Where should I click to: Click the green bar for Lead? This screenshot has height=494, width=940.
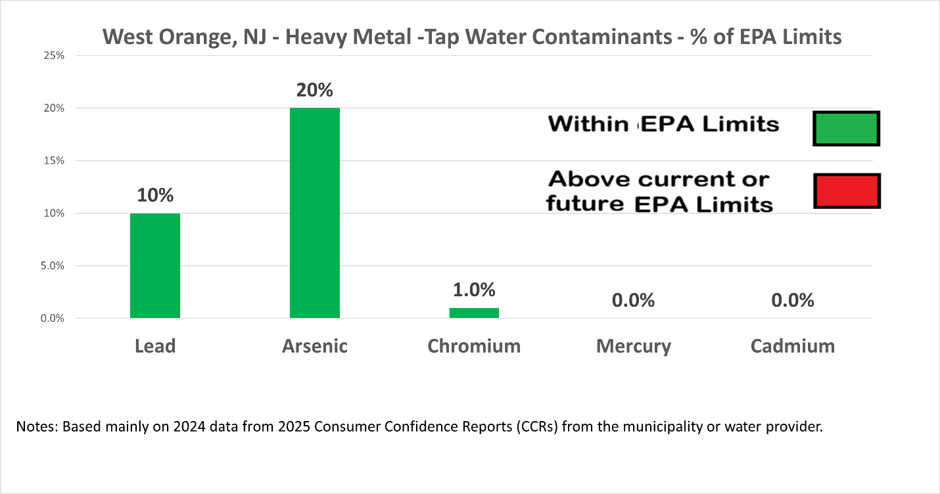coord(155,266)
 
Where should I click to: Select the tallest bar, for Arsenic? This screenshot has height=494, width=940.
coord(315,213)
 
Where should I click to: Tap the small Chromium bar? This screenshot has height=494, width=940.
coord(474,313)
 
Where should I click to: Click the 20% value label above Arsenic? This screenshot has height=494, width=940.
coord(314,90)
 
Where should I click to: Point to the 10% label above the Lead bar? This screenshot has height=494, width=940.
coord(155,195)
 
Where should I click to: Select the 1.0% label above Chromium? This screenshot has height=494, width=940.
coord(474,290)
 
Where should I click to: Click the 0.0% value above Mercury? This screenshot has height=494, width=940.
coord(633,300)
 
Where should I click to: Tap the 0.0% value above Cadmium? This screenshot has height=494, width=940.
coord(792,300)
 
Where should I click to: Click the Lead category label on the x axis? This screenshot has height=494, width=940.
coord(155,346)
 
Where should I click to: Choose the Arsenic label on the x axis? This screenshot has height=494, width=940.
coord(315,346)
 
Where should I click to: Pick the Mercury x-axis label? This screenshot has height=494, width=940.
coord(633,346)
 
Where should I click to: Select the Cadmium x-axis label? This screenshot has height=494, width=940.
coord(792,346)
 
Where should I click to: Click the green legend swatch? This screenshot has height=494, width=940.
coord(846,128)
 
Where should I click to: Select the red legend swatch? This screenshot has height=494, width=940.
coord(846,191)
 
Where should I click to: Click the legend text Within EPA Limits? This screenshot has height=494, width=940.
coord(663,124)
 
